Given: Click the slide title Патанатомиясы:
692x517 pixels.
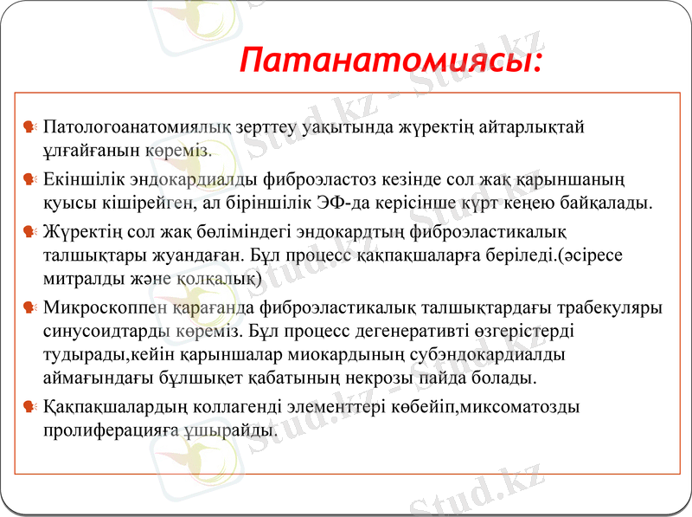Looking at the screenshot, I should [392, 61].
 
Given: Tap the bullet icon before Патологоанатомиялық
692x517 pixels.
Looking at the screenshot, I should [30, 127].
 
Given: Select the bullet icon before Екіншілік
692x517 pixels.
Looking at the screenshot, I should [30, 180].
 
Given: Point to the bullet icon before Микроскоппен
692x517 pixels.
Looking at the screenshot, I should [30, 307].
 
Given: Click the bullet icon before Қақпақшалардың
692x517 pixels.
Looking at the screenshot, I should [30, 405].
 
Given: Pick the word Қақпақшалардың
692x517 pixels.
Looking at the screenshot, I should [112, 405].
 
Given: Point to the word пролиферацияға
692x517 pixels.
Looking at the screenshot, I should [111, 430].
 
